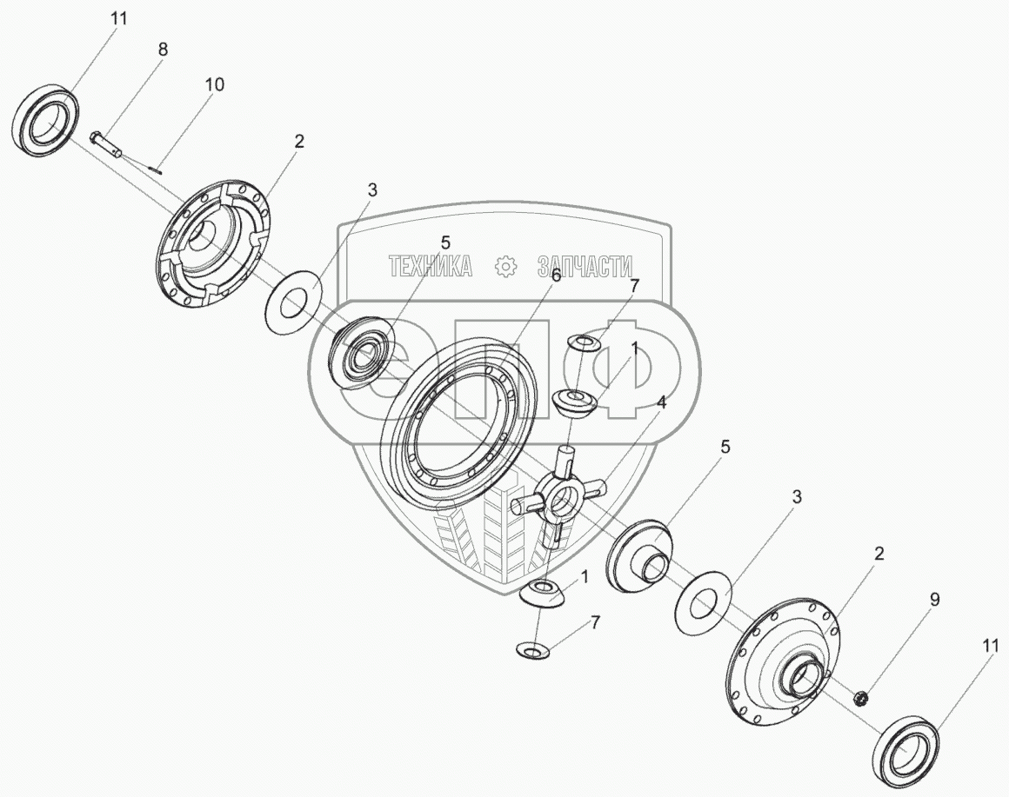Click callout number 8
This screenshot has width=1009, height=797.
(x=162, y=50)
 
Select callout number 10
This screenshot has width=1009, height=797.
(x=214, y=84)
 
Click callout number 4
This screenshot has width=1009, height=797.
(x=662, y=402)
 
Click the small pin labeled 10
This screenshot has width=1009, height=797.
(x=156, y=169)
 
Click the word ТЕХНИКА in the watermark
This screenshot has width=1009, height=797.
(x=430, y=267)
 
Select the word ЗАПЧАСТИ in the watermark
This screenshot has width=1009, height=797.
(x=585, y=267)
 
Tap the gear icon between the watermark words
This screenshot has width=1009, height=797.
(x=505, y=267)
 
